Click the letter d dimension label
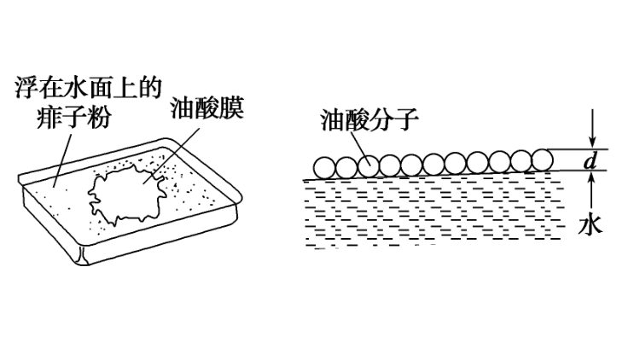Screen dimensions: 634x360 588,161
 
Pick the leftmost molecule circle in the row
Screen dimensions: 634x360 323,167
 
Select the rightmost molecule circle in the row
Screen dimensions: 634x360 542,160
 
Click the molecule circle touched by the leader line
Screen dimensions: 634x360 368,165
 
